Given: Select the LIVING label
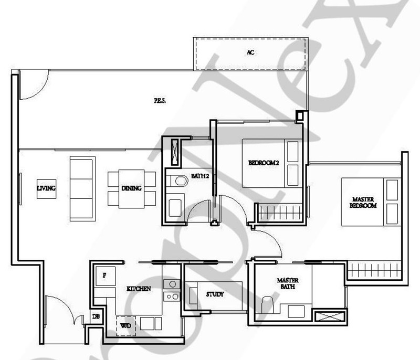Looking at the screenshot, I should pyautogui.click(x=46, y=188).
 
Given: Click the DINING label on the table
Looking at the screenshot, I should pyautogui.click(x=131, y=188).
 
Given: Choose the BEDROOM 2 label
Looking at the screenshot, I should pyautogui.click(x=263, y=163).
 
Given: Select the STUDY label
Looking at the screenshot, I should pyautogui.click(x=215, y=294).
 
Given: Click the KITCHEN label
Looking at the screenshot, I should pyautogui.click(x=139, y=289).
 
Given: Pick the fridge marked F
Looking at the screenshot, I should pyautogui.click(x=103, y=276).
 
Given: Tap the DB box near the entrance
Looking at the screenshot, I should pyautogui.click(x=96, y=316).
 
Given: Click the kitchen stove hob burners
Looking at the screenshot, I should pyautogui.click(x=171, y=297).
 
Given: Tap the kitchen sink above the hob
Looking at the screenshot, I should pyautogui.click(x=171, y=284).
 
